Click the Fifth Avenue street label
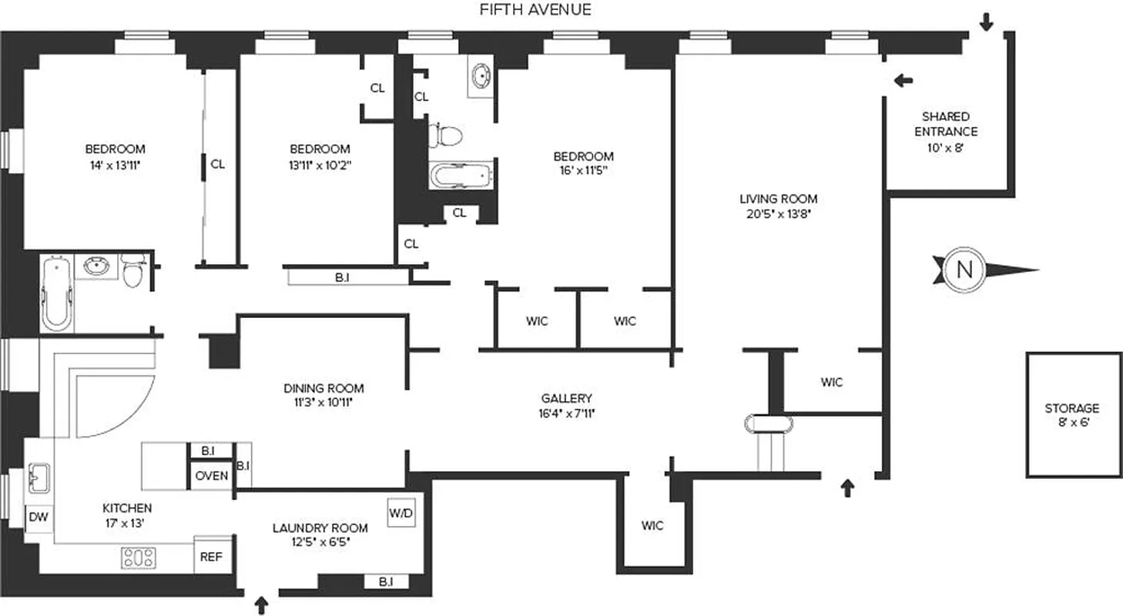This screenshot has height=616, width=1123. pyautogui.click(x=535, y=10)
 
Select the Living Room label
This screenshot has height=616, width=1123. pyautogui.click(x=778, y=199)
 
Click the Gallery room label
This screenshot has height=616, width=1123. pyautogui.click(x=566, y=398)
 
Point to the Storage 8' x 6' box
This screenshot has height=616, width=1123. pyautogui.click(x=1072, y=415)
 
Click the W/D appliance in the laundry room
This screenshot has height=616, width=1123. pyautogui.click(x=401, y=513)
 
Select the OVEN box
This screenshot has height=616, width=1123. pyautogui.click(x=211, y=476)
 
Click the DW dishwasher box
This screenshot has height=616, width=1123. pyautogui.click(x=39, y=517)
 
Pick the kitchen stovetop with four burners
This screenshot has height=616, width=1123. pyautogui.click(x=139, y=557)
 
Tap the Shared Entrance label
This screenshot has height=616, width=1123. pyautogui.click(x=946, y=124)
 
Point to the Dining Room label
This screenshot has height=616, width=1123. pyautogui.click(x=323, y=388)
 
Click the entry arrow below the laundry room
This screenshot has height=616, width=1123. pyautogui.click(x=261, y=604)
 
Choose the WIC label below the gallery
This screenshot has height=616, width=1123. pyautogui.click(x=652, y=526)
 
